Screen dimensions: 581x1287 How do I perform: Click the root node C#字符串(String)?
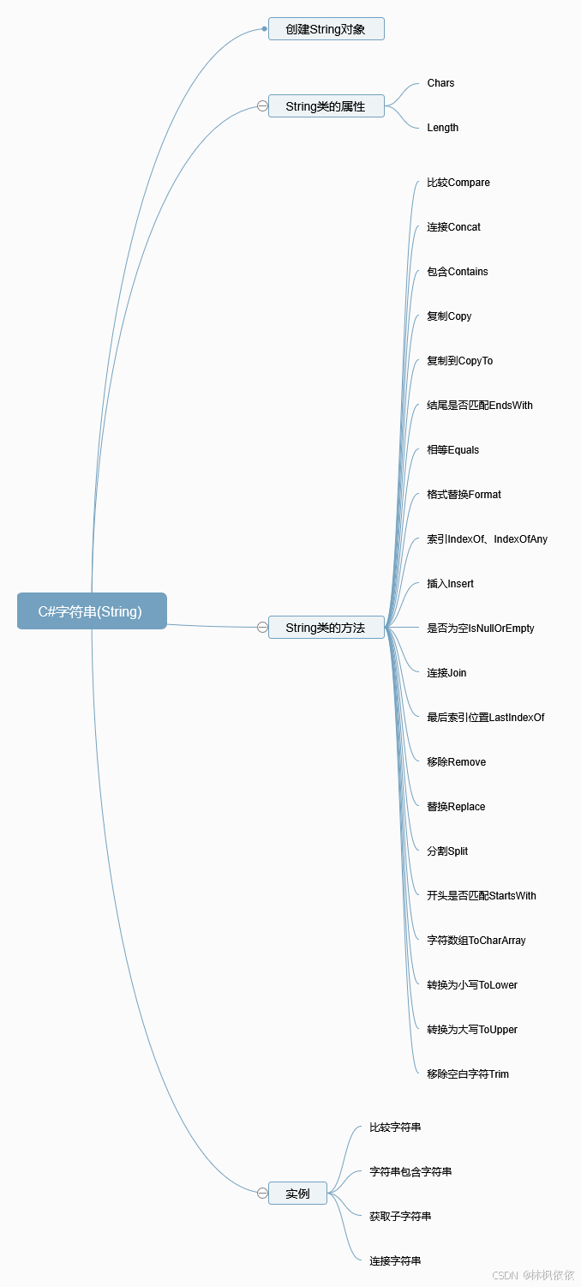click(92, 611)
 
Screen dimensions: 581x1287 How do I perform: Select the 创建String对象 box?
click(326, 29)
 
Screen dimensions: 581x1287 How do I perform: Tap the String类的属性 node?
click(326, 106)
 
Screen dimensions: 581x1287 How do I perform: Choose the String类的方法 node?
click(326, 628)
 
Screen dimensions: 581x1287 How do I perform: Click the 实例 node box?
click(297, 1193)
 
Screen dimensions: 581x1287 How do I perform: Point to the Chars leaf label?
click(440, 83)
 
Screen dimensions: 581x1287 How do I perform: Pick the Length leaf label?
click(442, 128)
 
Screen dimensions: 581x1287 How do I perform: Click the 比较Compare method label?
click(458, 183)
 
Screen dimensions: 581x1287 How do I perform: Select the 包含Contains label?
click(458, 272)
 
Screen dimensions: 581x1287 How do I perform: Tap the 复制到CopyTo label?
click(460, 361)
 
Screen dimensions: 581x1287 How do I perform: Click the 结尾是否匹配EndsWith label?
click(480, 406)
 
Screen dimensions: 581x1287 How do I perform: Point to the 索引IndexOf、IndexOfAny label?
click(487, 539)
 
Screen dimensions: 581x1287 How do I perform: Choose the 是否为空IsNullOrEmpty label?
click(481, 628)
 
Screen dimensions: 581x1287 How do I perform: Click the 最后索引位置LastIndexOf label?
click(486, 718)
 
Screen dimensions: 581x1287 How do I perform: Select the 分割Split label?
click(447, 851)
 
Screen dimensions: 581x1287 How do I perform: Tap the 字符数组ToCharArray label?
click(476, 941)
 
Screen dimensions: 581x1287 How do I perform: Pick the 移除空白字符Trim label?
click(468, 1074)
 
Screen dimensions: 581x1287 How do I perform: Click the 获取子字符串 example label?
click(400, 1217)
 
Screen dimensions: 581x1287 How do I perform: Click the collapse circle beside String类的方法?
click(262, 628)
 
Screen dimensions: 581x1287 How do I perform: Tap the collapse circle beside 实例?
click(262, 1193)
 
